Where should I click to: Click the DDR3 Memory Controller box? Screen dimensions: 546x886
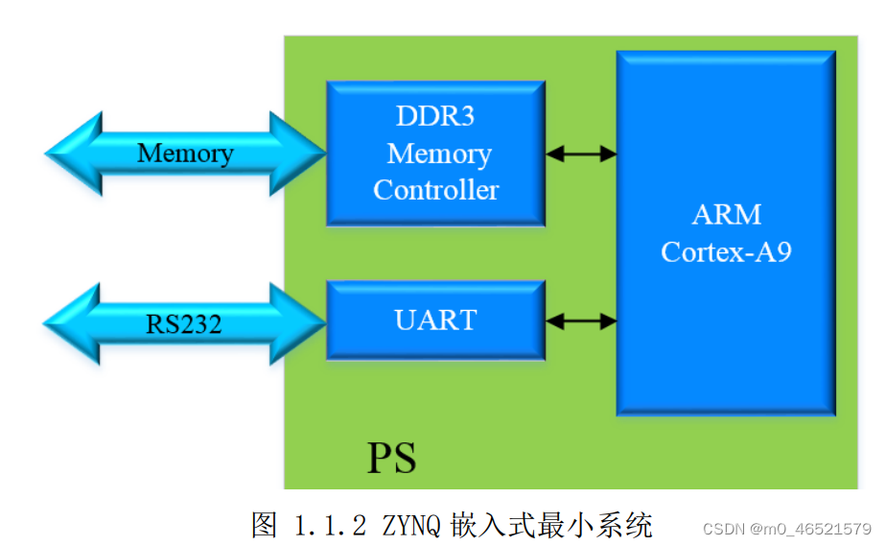(435, 154)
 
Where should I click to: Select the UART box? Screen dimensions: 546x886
(435, 319)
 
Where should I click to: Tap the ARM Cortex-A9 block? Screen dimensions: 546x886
(726, 232)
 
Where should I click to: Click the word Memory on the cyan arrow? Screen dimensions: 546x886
(185, 154)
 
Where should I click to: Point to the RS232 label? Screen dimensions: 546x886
(184, 324)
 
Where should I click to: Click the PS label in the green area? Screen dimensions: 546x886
(391, 459)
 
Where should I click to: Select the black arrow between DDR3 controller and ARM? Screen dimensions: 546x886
(581, 154)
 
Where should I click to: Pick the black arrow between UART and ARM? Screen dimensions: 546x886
(581, 321)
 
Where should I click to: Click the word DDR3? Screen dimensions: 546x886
(435, 117)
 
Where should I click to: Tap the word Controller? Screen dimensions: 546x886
(435, 190)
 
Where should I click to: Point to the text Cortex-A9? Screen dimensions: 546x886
(726, 251)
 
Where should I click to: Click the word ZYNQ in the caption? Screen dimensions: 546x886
(409, 526)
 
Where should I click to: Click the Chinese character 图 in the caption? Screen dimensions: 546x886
(265, 526)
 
